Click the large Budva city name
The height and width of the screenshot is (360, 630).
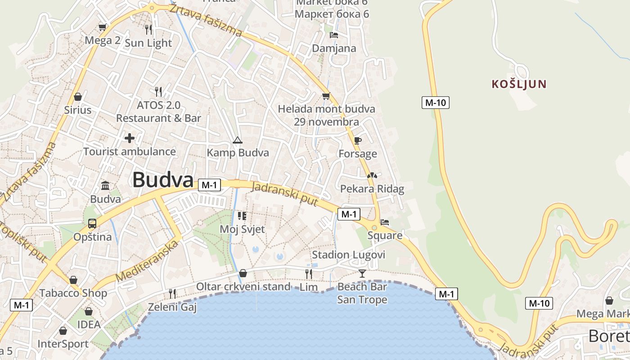pos(162,180)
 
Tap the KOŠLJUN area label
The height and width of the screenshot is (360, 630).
pos(519,84)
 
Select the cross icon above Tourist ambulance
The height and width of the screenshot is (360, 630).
pos(130,138)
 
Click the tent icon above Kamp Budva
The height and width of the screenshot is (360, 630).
pos(238,140)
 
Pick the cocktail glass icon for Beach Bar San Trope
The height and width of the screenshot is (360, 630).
pos(362,273)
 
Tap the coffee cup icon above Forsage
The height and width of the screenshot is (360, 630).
pos(358,141)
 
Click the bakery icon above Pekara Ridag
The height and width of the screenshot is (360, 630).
pos(372,175)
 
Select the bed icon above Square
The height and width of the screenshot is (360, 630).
pos(385,222)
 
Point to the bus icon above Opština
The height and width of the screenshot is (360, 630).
pos(92,224)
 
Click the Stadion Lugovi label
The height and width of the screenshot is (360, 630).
pos(348,255)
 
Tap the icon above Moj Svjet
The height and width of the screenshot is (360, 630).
pos(242,216)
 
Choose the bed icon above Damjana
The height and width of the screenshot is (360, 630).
pos(334,35)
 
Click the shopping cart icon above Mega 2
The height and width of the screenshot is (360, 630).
pos(103,27)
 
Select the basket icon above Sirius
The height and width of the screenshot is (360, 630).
pos(78,97)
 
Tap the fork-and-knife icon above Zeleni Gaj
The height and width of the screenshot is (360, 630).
pos(172,294)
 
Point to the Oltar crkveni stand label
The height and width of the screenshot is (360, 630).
pos(243,287)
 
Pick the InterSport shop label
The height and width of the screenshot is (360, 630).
pos(63,344)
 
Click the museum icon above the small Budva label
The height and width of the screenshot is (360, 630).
pos(105,185)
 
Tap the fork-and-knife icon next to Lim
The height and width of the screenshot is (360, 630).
pos(309,274)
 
